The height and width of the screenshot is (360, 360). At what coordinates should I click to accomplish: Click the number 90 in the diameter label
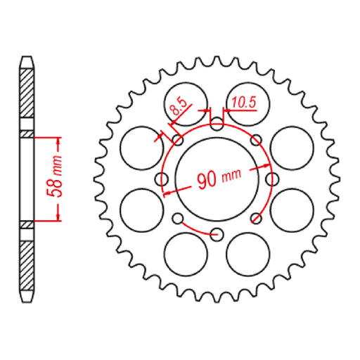coord(207,179)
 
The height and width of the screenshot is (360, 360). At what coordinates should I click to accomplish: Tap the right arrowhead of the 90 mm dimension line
coord(267,166)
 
